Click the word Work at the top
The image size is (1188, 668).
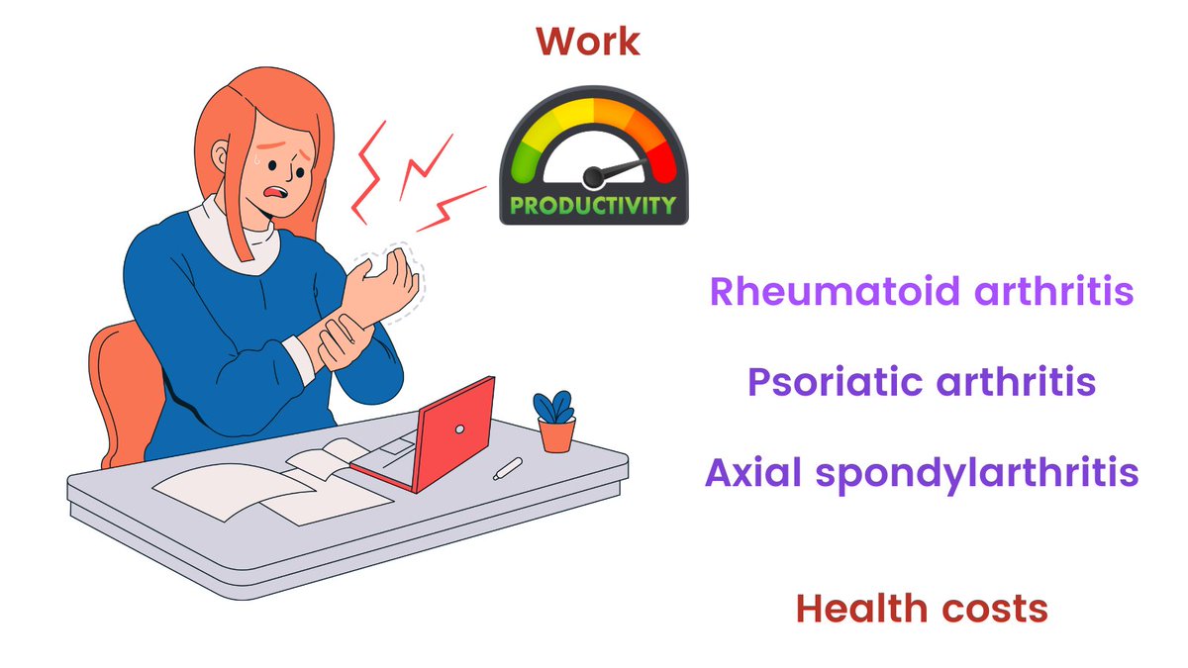click(587, 42)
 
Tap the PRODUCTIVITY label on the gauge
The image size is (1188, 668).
click(592, 206)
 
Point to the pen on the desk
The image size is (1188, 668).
click(508, 467)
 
